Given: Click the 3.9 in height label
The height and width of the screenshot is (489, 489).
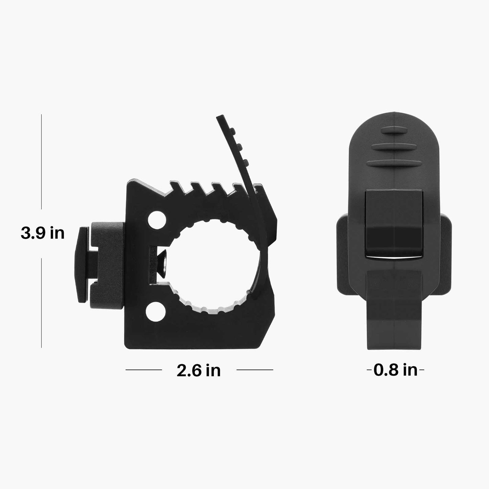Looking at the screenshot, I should (43, 234).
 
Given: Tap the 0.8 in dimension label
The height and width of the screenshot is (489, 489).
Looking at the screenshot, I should (396, 370).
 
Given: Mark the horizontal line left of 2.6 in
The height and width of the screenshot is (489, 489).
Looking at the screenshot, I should (143, 370).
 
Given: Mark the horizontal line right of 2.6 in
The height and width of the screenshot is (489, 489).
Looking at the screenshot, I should (254, 370).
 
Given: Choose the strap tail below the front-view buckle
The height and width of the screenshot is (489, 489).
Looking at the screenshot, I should (395, 315).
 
